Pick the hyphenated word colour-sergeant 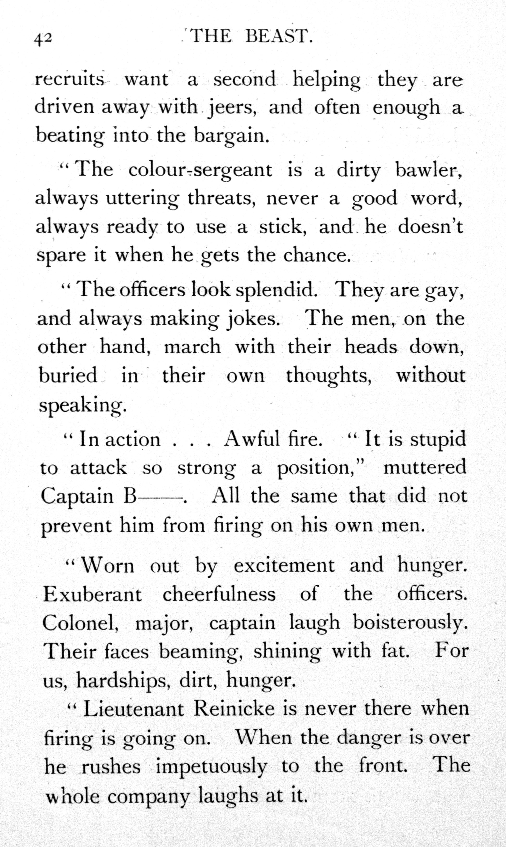click(200, 170)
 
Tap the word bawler click(428, 170)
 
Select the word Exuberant click(92, 594)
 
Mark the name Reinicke click(234, 709)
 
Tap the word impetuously click(211, 766)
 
